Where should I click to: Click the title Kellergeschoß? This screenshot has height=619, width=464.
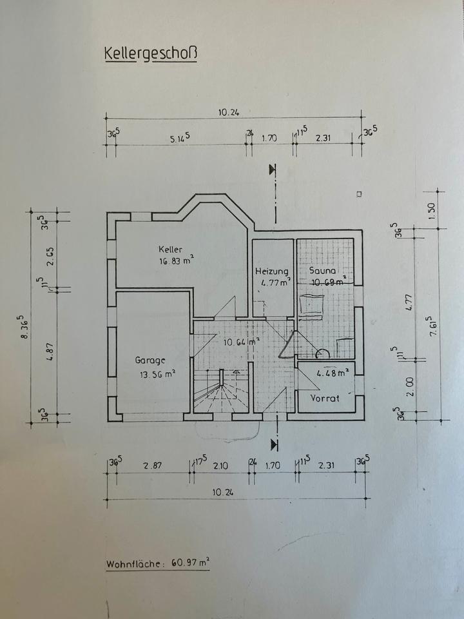(x=151, y=53)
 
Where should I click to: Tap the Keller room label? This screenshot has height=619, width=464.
(x=171, y=249)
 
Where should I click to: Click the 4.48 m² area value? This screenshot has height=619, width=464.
(x=333, y=372)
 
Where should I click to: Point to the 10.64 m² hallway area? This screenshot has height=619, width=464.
(x=240, y=342)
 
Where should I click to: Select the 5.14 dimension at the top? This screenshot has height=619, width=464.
(x=180, y=139)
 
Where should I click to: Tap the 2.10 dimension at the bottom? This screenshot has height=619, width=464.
(x=221, y=466)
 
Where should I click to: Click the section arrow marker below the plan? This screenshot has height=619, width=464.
(x=275, y=444)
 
